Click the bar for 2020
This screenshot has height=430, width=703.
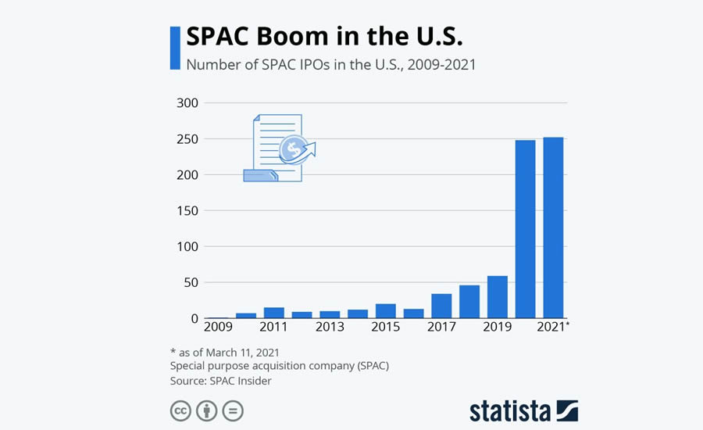coord(525,229)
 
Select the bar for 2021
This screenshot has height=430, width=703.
coord(553,228)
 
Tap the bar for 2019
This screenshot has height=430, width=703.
coord(497,297)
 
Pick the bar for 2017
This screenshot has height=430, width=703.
coord(441,306)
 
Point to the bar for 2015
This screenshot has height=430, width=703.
coord(385,310)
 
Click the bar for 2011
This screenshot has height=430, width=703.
coord(273,313)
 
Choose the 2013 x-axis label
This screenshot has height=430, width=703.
coord(330,328)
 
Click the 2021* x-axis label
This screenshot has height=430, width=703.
coord(554,328)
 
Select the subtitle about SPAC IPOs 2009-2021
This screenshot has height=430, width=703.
coord(330,64)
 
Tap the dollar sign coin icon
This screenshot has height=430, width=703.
coord(295,149)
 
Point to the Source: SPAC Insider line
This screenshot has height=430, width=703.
coord(220,381)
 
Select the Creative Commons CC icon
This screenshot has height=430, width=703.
coord(180,410)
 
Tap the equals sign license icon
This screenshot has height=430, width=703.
coord(233,410)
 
